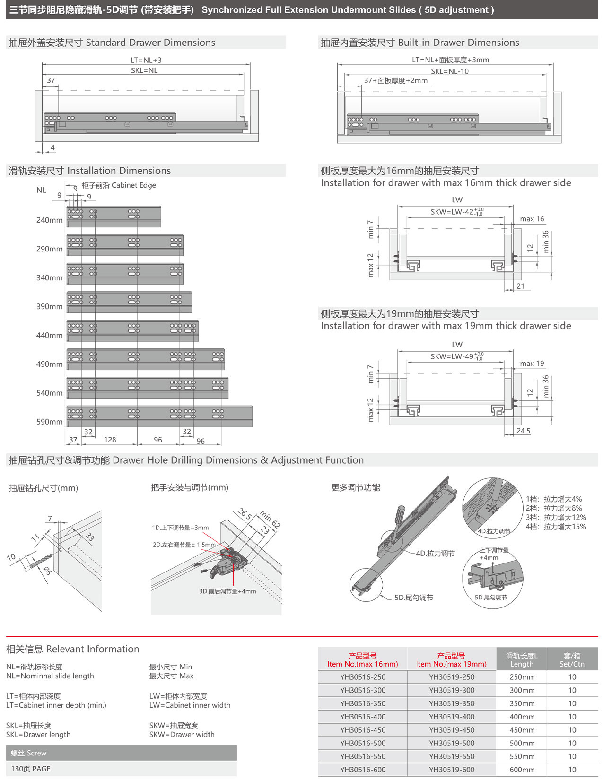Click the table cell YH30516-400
pos(362,717)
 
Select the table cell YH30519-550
pos(452,756)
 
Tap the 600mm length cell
pos(522,770)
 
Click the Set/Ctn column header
pos(572,659)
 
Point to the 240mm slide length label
pos(49,220)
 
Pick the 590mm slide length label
pos(49,422)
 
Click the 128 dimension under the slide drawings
pos(110,440)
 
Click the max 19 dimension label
pos(532,364)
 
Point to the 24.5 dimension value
pos(523,431)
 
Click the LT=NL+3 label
pos(146,60)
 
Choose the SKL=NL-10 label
pos(449,71)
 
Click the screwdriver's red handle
pos(400,514)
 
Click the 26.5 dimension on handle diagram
pos(245,514)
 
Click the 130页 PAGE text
pos(31,769)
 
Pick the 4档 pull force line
pos(555,527)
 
